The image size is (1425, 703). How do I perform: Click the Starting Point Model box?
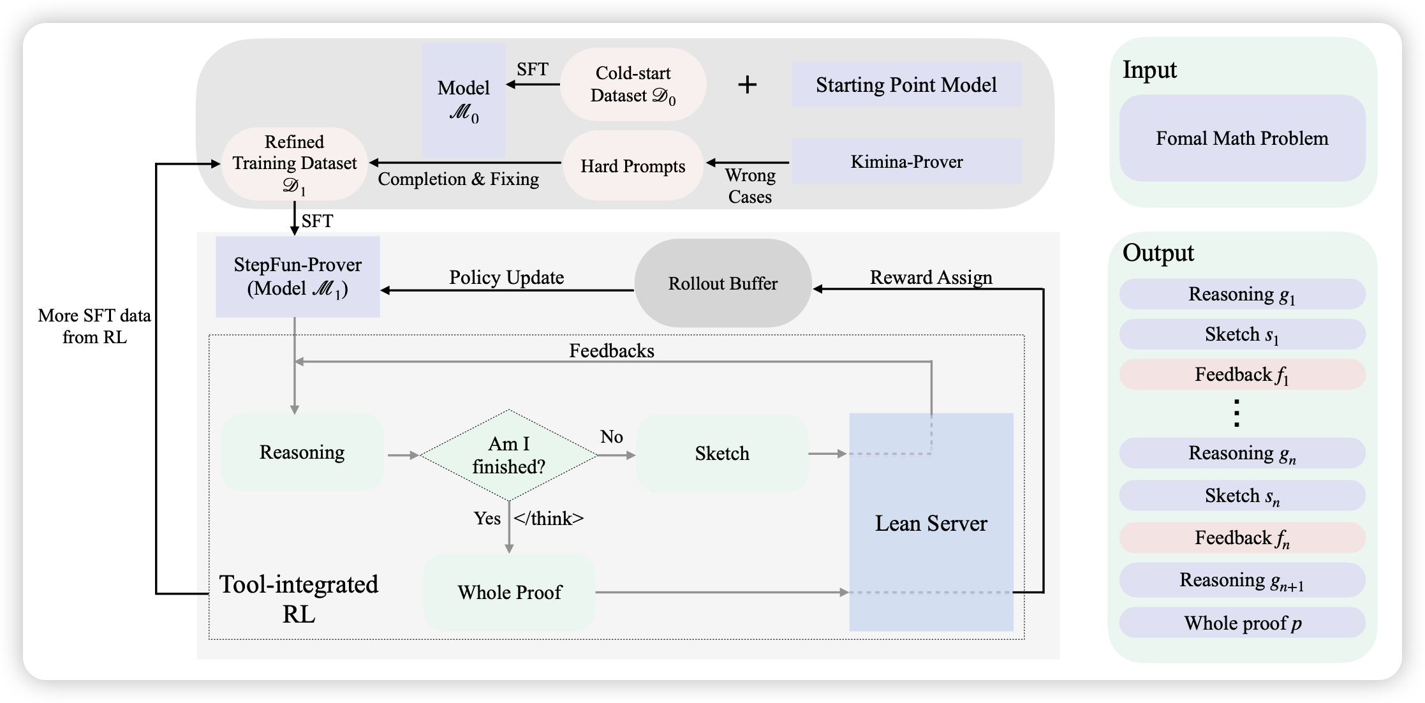coord(906,85)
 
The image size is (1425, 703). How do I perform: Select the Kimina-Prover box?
coord(906,161)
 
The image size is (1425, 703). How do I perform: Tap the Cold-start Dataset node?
coord(633,84)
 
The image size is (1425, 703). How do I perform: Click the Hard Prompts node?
coord(633,166)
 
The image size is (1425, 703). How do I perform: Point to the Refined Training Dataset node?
coord(294,164)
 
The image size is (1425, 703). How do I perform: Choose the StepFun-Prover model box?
coord(297,277)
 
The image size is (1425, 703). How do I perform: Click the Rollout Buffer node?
coord(723,283)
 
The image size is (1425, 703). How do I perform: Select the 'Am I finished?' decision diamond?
coord(508,455)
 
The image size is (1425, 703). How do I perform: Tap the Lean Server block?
coord(931,522)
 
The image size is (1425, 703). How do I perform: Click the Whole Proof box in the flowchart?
coord(509,592)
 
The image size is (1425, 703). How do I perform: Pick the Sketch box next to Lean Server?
coord(722,454)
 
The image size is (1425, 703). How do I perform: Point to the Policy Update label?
coord(506,277)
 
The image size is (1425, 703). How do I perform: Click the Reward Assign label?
coord(931,277)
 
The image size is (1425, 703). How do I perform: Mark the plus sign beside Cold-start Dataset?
coord(747,85)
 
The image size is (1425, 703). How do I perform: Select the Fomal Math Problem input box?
coord(1242,138)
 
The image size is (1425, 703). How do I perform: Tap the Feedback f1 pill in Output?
coord(1242,374)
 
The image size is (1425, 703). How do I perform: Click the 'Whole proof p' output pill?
coord(1242,623)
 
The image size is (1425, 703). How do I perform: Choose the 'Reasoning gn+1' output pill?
coord(1242,580)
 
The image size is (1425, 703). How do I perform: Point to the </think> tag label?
coord(549,519)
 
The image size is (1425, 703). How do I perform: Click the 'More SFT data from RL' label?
coord(94,326)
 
